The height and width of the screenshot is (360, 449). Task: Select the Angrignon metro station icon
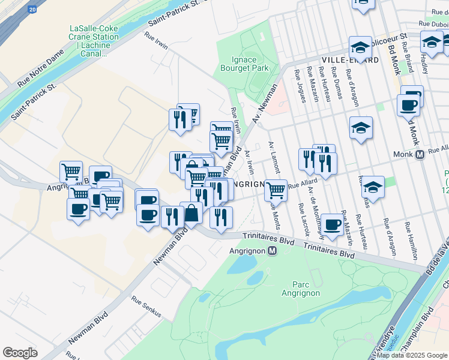(272, 251)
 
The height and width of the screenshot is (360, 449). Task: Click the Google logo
(20, 352)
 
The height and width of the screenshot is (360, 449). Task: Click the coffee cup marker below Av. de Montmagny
(331, 225)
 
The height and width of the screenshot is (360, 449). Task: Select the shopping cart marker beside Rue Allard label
(276, 190)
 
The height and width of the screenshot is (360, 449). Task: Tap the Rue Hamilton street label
(411, 237)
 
